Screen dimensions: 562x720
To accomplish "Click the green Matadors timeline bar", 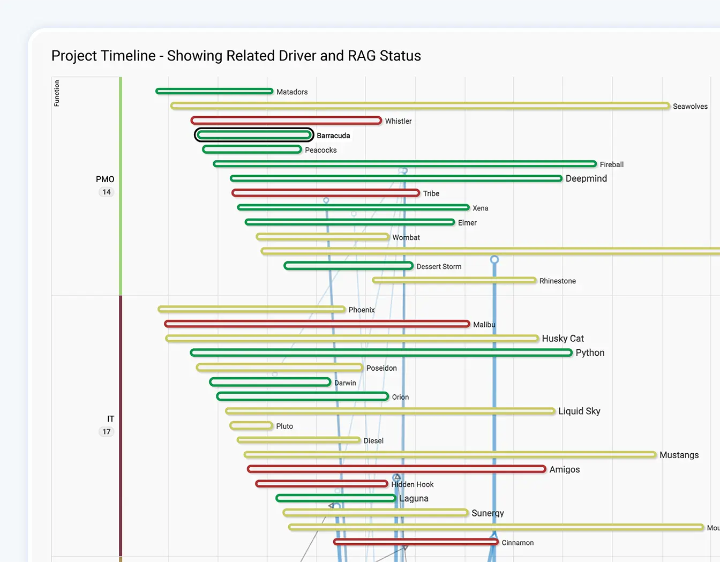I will (214, 92).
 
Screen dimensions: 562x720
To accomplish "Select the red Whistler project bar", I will (286, 121).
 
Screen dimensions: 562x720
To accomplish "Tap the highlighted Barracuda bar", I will (254, 135).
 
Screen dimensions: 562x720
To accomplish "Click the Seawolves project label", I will (690, 107).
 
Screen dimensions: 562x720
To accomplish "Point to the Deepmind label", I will (586, 178).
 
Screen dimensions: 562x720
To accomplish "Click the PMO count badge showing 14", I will (107, 192).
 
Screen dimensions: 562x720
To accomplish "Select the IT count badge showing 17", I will (107, 432).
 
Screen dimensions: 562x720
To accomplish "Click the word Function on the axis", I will (57, 93).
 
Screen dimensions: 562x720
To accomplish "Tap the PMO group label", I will (105, 179).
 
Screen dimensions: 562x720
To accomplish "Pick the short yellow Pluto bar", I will (251, 426).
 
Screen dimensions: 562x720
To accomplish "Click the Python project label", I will (590, 353).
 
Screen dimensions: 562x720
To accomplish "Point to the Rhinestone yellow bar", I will (454, 280).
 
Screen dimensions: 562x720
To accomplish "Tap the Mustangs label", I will (679, 455).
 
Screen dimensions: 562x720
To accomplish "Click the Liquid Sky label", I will (579, 411).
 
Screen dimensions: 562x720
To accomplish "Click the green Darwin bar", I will (270, 382).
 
